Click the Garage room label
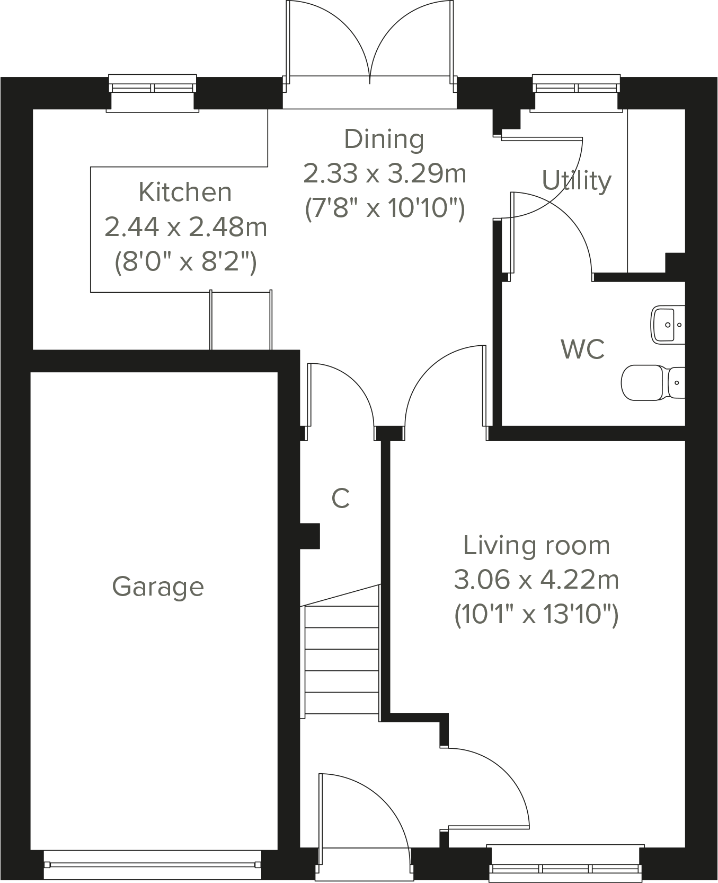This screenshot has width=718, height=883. click(x=158, y=587)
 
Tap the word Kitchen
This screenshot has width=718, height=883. click(x=185, y=192)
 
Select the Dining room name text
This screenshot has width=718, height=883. click(x=384, y=139)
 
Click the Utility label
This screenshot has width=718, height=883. click(x=577, y=181)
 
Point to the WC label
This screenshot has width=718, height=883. click(x=582, y=349)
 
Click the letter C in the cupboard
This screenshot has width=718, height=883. click(x=341, y=499)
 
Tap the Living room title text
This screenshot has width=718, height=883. click(x=536, y=546)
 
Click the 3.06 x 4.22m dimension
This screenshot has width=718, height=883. click(x=536, y=580)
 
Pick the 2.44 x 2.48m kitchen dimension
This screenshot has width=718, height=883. click(x=185, y=227)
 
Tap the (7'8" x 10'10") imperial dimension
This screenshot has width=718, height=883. click(x=385, y=208)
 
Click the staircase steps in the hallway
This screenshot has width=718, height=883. click(x=342, y=660)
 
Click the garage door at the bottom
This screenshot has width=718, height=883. click(x=153, y=864)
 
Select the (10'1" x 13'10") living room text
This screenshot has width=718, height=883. click(x=536, y=615)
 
